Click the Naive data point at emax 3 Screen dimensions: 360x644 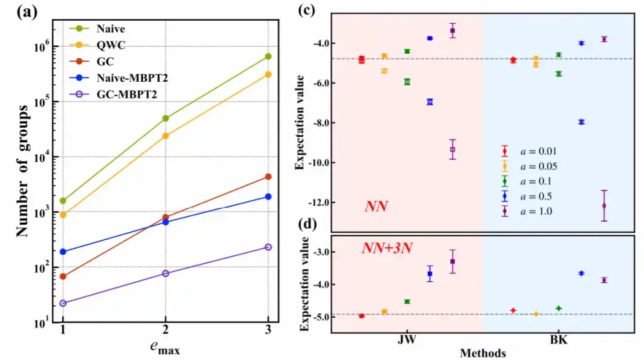tap(268, 57)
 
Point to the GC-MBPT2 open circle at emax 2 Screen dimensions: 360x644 tap(165, 273)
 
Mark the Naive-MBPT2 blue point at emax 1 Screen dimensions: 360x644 tap(63, 252)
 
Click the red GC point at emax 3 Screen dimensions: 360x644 tap(268, 177)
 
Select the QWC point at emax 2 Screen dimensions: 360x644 tap(165, 136)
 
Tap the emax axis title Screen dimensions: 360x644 tap(165, 345)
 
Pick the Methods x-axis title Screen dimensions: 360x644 tap(482, 353)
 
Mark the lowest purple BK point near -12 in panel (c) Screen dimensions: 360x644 tap(604, 206)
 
